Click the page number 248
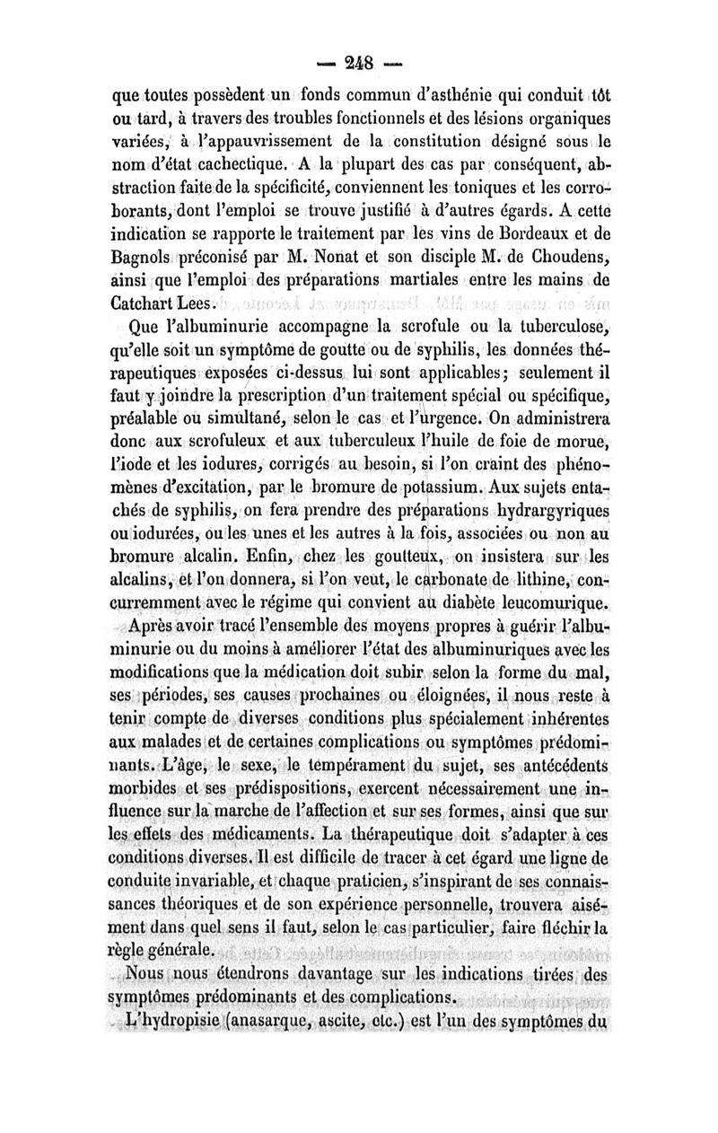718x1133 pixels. [x=357, y=68]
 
